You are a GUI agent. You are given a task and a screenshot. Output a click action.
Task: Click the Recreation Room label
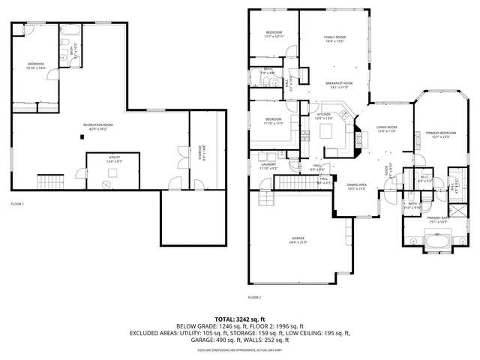coord(98,127)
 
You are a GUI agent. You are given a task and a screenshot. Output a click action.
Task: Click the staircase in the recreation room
coord(50,181)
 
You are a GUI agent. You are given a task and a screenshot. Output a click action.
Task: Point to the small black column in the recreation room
coord(82,136)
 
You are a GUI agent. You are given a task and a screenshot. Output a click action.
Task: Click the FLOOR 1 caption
coord(17,204)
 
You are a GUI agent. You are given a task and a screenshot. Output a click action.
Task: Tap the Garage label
coord(298,241)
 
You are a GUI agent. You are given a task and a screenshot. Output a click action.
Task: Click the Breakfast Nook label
coord(340,85)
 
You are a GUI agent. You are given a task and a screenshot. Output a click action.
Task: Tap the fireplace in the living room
coord(358,139)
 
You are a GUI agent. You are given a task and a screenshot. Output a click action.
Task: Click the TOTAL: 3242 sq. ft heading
coord(240,319)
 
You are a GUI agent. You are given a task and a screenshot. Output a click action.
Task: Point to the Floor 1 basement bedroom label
coord(37,65)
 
